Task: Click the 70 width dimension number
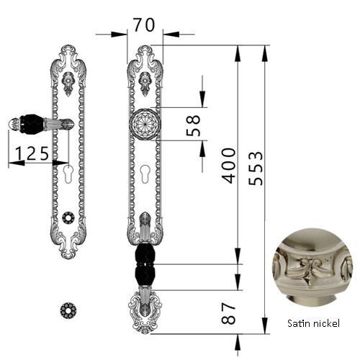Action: pos(144,25)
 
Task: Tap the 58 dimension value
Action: pos(194,125)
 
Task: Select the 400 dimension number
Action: pos(229,166)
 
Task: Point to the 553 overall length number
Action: pos(256,168)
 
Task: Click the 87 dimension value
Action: pos(228,313)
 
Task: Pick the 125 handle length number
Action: pos(32,153)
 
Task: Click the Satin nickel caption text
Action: pos(313,323)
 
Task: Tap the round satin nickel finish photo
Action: pos(312,268)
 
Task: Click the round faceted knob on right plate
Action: pos(145,124)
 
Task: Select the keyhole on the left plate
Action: pos(68,174)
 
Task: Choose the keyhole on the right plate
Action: pos(145,174)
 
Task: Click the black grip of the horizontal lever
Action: pos(31,124)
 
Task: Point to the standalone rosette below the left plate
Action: pos(68,310)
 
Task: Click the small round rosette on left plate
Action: pos(68,217)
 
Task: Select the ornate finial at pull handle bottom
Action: pos(145,311)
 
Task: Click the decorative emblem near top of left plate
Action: pos(68,84)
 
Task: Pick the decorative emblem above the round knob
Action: pos(145,84)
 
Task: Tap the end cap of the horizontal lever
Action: pos(14,124)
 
